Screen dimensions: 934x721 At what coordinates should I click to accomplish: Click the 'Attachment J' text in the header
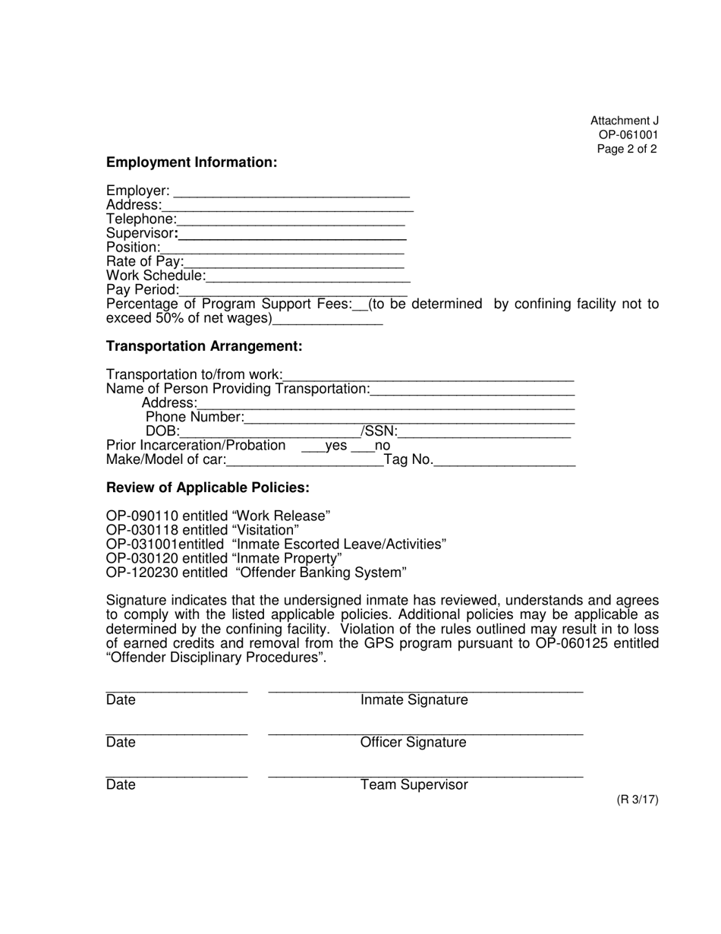click(x=625, y=121)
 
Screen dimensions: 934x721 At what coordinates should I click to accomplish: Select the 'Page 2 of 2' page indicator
click(x=627, y=149)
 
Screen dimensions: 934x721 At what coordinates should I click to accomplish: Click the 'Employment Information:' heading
click(x=191, y=163)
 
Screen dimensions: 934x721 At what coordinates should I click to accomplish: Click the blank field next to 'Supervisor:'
click(x=292, y=235)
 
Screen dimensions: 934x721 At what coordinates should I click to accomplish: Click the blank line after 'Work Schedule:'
click(x=308, y=277)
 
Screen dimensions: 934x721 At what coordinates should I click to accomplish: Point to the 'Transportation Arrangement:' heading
click(x=204, y=346)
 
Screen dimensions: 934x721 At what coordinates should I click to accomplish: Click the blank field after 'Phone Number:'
click(x=410, y=418)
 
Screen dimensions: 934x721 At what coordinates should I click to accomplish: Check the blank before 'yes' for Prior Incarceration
click(x=313, y=447)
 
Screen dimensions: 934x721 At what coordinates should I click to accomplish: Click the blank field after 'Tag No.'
click(x=504, y=461)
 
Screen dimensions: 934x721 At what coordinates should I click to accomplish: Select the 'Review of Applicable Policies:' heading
click(x=207, y=488)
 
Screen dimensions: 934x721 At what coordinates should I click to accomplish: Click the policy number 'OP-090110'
click(x=142, y=516)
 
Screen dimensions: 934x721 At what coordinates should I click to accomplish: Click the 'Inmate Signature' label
click(x=414, y=700)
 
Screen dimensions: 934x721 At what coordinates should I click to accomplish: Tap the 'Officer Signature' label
click(x=413, y=743)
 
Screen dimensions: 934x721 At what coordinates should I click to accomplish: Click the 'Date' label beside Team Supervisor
click(x=121, y=785)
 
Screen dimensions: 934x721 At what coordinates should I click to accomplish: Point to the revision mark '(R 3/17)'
click(x=637, y=800)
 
